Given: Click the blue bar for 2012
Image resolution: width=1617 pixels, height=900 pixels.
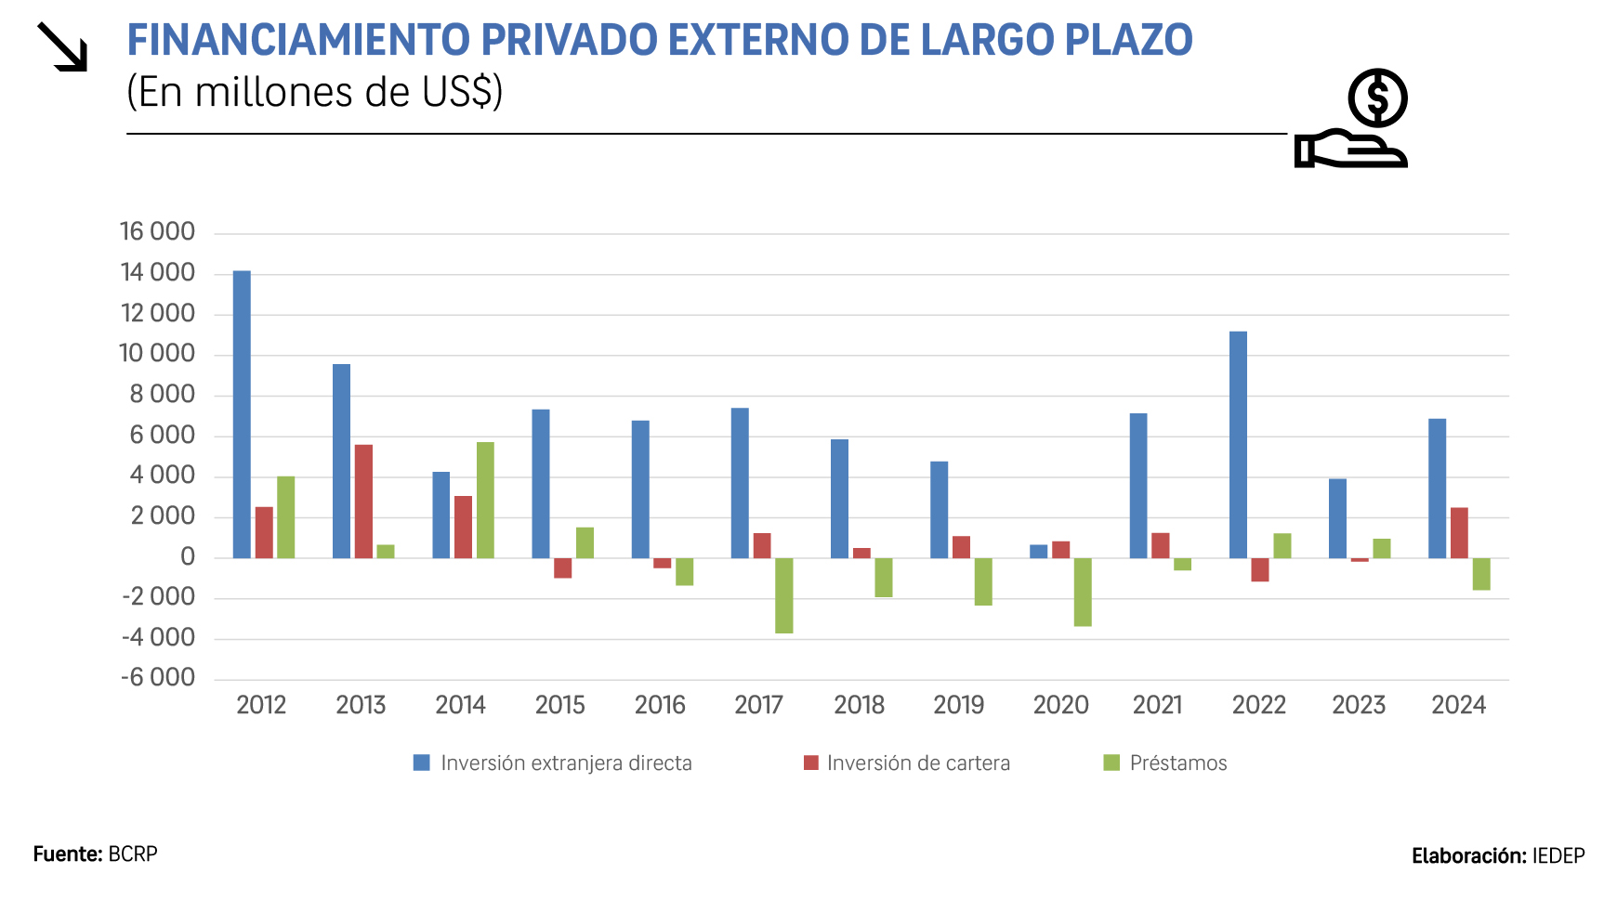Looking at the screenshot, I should tap(242, 414).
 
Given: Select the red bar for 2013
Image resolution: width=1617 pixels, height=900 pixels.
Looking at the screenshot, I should tap(363, 502).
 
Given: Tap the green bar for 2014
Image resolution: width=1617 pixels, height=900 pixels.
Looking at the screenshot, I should tap(485, 500).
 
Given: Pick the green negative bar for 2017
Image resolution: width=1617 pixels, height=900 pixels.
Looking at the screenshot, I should tap(784, 595).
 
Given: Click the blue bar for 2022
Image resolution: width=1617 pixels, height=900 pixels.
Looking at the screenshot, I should tap(1238, 444).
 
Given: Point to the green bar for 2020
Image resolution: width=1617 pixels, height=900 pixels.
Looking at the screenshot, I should tap(1083, 592).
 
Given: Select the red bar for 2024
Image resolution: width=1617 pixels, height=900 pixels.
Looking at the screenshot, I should tap(1459, 532).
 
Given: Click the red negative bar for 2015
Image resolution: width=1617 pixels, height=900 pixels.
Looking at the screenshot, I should tap(563, 567).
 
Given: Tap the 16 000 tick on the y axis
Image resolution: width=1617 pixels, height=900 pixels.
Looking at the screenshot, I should tap(157, 231).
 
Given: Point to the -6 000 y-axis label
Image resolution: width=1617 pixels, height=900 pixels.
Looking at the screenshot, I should tap(157, 677).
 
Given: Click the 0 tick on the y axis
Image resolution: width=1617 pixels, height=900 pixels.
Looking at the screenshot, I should tap(188, 557).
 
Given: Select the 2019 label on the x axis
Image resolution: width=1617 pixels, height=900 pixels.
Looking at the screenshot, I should tap(958, 705).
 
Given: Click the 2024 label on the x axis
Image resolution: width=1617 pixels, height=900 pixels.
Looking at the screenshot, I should tap(1458, 705).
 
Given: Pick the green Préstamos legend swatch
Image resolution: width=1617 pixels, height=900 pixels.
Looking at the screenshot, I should tap(1111, 763).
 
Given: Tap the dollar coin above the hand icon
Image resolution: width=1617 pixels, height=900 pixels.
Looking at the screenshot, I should tap(1377, 98).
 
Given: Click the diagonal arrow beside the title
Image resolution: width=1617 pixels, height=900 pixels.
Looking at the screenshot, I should tap(62, 46).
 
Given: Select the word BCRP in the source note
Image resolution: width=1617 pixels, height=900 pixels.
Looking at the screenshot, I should tap(133, 854).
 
